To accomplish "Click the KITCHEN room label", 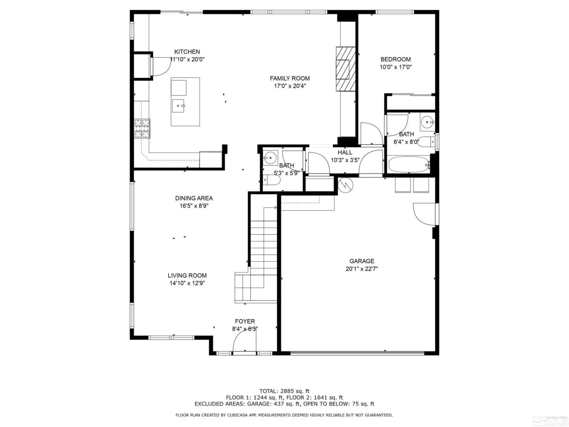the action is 187,52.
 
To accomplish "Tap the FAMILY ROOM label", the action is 289,78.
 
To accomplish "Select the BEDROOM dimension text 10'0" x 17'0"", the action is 395,67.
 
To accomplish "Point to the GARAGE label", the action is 362,261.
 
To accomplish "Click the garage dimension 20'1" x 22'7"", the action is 362,269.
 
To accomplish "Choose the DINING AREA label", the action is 194,198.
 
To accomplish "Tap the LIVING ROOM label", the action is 187,275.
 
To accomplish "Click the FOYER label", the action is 245,321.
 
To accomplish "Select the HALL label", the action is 345,152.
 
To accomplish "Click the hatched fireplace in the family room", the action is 346,69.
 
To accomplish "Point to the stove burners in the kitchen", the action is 142,128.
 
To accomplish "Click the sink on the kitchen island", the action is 178,106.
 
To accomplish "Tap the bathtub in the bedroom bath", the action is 409,165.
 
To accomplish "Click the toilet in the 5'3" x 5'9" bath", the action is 272,180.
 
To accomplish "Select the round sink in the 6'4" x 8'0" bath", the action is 427,122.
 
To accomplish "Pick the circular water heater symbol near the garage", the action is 345,185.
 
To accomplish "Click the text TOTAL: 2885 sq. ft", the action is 284,391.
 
